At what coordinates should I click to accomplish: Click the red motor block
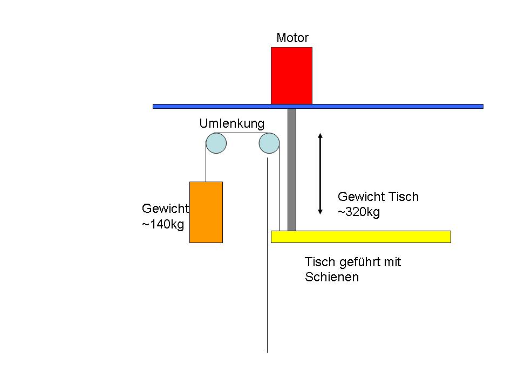pos(291,75)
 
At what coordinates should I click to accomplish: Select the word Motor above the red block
pos(292,38)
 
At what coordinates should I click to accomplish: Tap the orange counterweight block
pos(206,212)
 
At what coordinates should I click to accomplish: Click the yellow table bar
pos(361,237)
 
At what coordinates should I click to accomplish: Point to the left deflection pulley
pos(216,143)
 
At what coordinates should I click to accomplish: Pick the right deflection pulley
pos(269,143)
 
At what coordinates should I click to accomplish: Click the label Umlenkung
pos(232,123)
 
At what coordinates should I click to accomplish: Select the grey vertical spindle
pos(292,170)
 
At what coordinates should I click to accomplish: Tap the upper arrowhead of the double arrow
pos(320,135)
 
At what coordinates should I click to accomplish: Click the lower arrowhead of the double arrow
pos(320,212)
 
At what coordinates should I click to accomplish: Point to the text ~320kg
pos(359,212)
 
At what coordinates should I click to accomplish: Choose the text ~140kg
pos(163,224)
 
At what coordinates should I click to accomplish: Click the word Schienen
pos(332,277)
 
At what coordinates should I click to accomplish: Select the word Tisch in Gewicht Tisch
pos(404,197)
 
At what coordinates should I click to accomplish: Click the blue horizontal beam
pos(318,106)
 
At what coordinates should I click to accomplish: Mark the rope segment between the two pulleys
pos(242,133)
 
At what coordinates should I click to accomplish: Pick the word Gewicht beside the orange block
pos(165,209)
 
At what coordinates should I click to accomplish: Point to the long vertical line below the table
pos(267,255)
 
